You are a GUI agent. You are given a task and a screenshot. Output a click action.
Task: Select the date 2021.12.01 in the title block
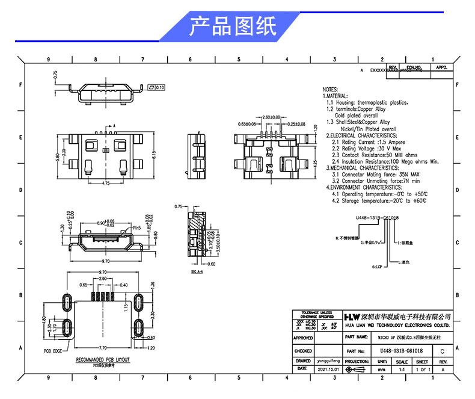point(328,369)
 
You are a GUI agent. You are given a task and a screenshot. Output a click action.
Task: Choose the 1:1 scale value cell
point(402,369)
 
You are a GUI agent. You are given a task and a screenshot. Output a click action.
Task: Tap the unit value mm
point(381,369)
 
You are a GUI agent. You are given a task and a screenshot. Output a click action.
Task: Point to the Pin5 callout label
point(136,228)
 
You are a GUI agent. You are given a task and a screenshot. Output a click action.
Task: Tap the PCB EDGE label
point(53,350)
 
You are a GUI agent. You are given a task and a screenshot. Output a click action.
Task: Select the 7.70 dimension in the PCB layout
point(103,348)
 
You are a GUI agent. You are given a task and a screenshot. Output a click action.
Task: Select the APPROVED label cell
point(303,338)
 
